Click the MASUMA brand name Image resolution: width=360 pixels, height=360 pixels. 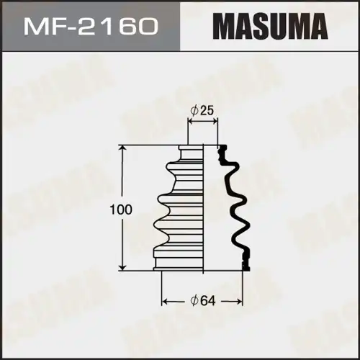coord(270,27)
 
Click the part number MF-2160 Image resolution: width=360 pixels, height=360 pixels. coord(91,27)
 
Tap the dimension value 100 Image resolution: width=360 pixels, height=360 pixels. coord(121,210)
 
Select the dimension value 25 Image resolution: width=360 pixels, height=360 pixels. coord(206,111)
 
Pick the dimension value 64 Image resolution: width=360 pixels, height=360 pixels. coord(208,301)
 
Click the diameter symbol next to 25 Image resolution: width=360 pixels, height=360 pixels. coord(194,111)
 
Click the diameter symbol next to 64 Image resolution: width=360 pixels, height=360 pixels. coord(194,301)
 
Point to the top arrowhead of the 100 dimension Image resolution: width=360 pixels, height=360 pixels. coord(123,148)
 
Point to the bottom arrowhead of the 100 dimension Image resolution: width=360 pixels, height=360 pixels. coord(123,267)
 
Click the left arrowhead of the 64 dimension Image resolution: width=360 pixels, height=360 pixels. coord(165,301)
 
